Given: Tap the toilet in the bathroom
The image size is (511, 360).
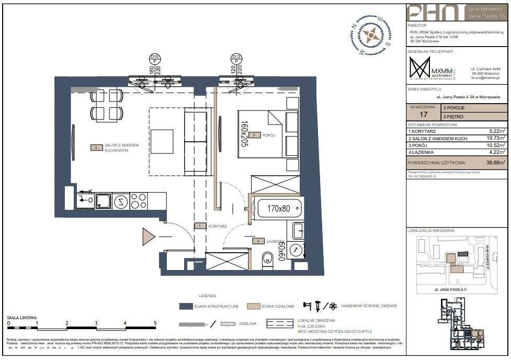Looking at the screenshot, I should (267, 258).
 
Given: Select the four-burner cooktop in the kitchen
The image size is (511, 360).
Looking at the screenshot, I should (139, 200).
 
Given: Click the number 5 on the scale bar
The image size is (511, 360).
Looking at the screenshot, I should (155, 323).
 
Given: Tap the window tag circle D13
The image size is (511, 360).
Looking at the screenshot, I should (236, 58).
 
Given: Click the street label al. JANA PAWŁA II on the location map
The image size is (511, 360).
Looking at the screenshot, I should (450, 288).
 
